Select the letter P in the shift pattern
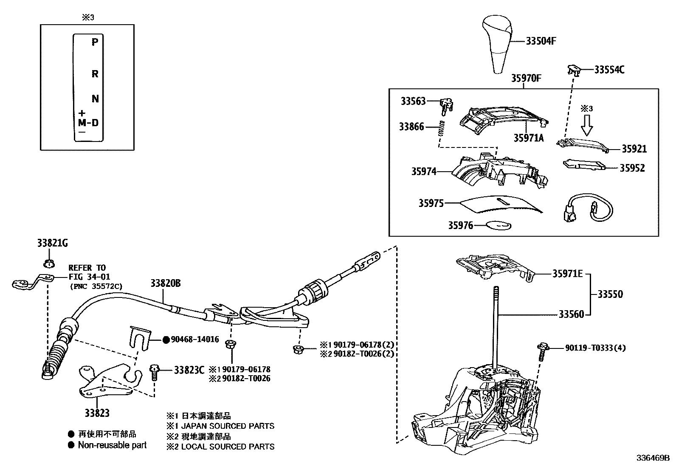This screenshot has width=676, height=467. tap(95, 42)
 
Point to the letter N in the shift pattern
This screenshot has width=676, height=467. tap(95, 99)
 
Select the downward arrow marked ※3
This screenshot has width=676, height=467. tap(587, 125)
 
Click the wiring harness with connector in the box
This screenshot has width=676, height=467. tap(588, 209)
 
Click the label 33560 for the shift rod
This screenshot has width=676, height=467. tap(571, 314)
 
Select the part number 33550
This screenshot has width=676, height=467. tap(610, 294)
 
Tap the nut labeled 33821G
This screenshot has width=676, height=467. tap(49, 263)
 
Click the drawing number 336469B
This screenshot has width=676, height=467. tap(652, 458)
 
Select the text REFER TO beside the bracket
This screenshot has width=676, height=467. tap(87, 268)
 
